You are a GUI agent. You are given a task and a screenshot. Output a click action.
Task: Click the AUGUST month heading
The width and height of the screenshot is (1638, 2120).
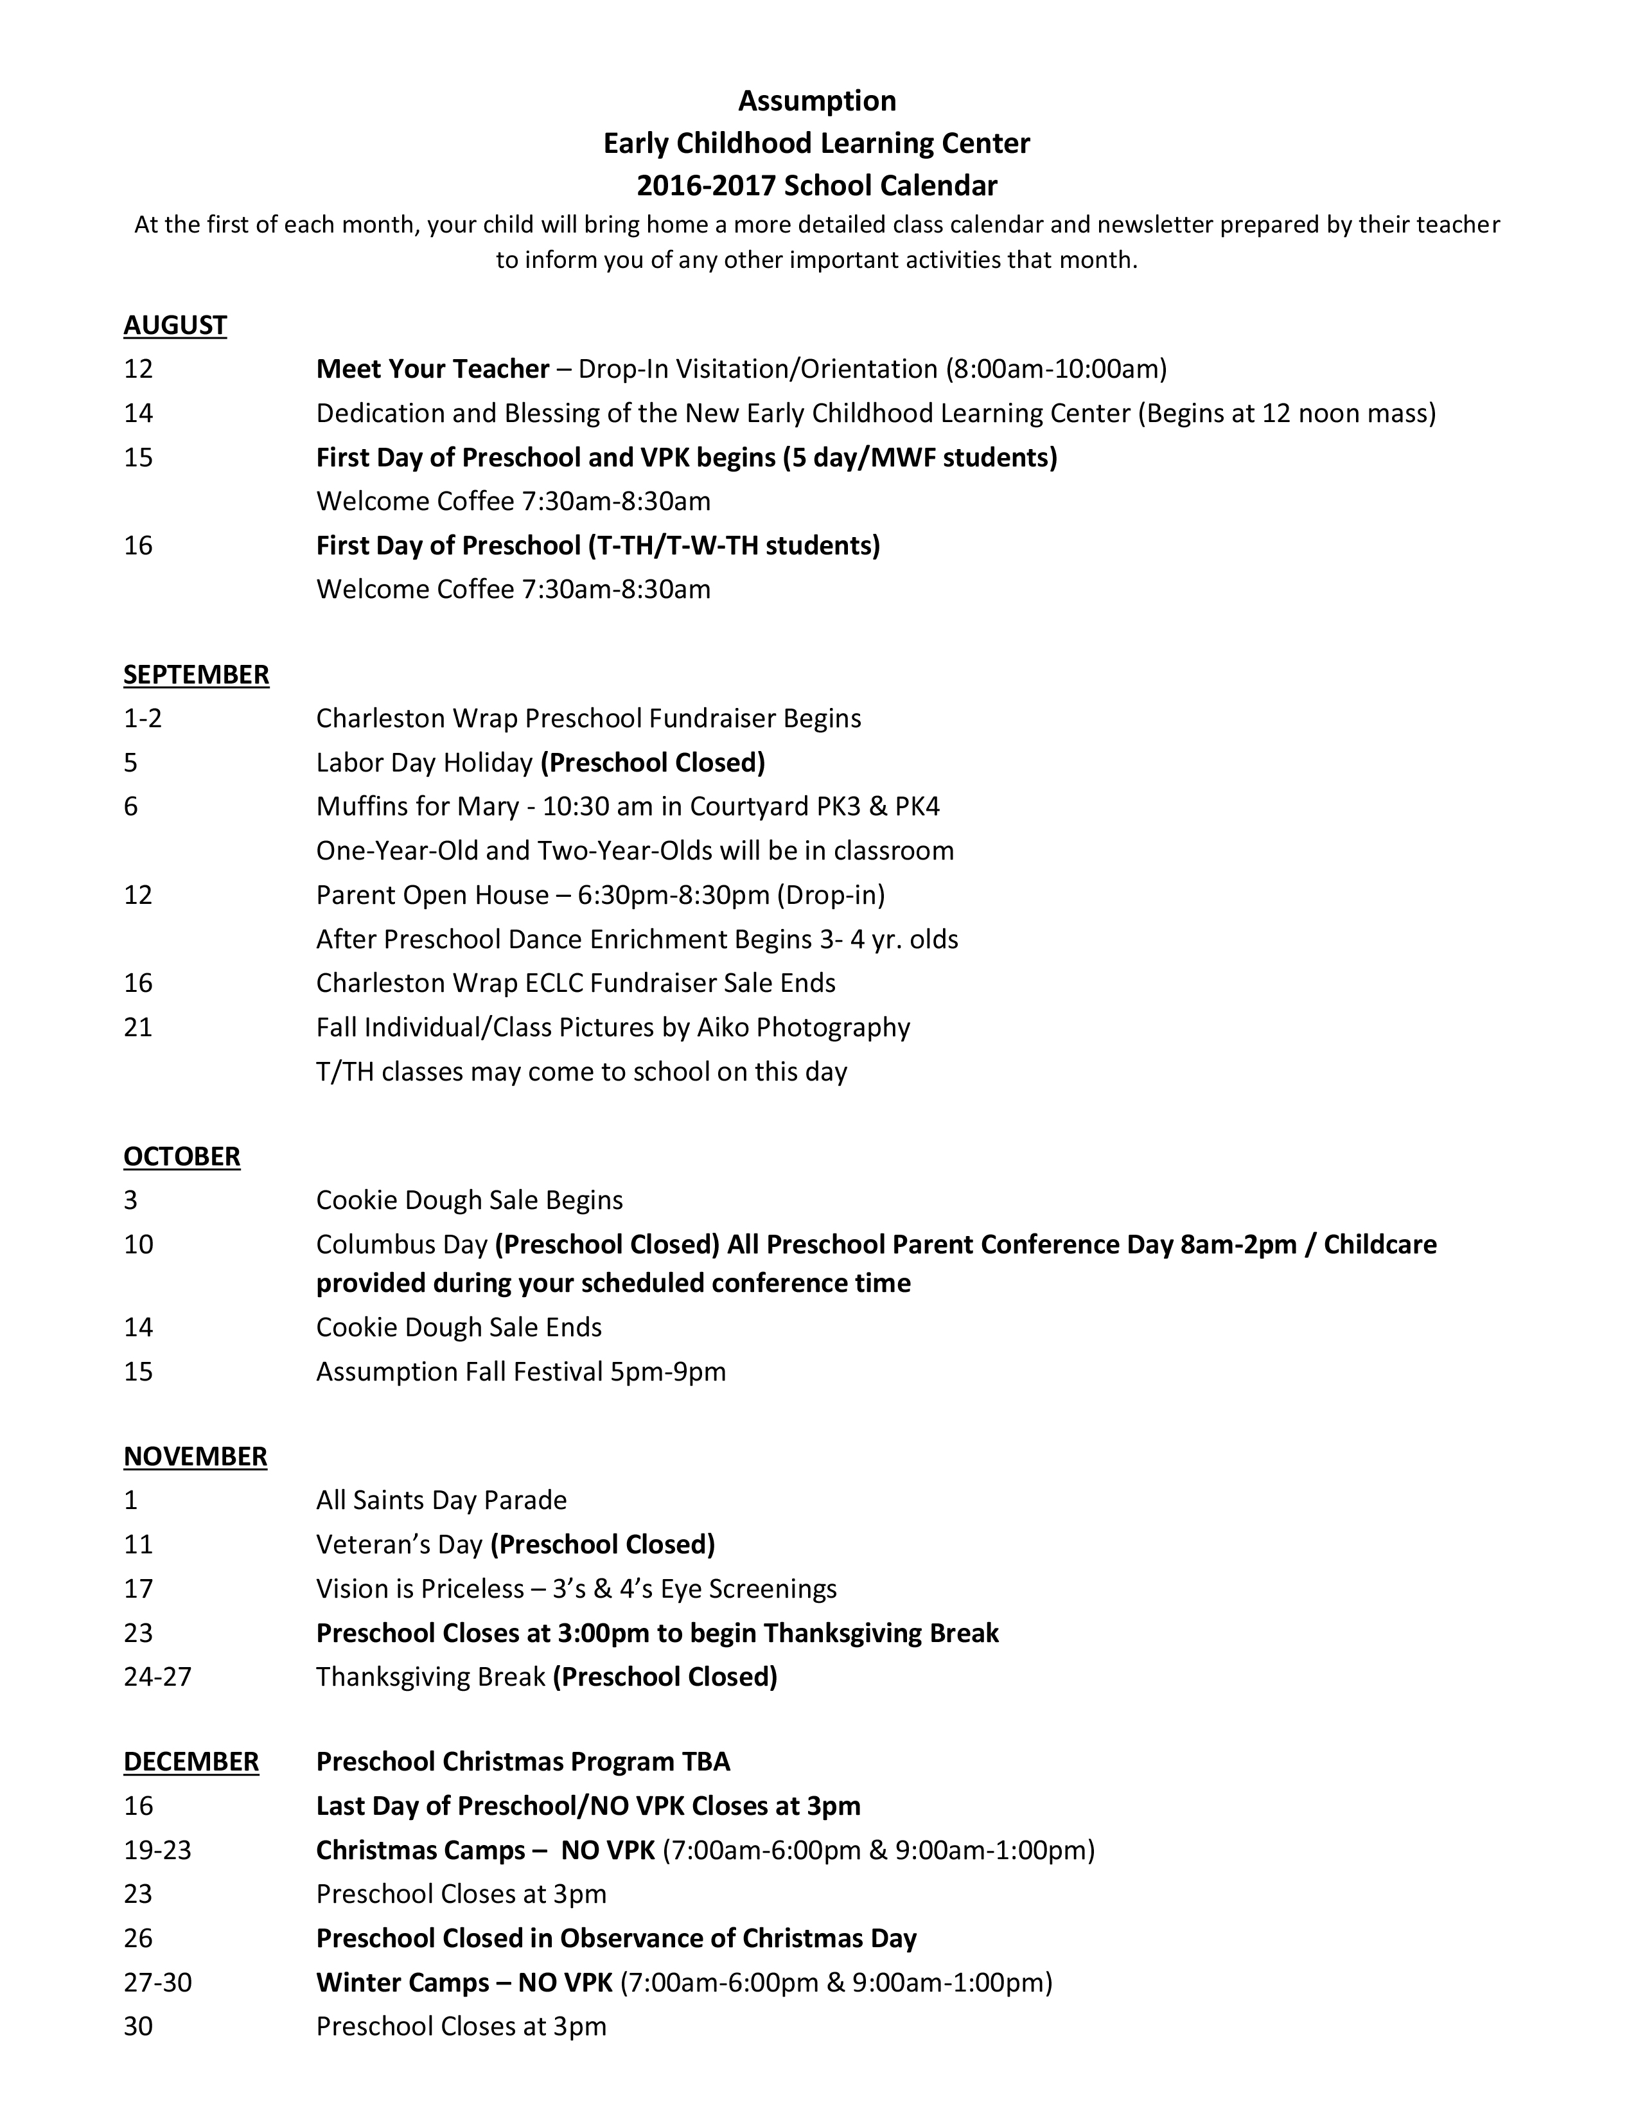(175, 325)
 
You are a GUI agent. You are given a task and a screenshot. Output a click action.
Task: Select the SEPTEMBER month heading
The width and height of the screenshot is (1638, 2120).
(196, 675)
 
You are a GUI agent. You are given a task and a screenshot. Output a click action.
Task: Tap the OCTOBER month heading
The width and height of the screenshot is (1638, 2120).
(181, 1156)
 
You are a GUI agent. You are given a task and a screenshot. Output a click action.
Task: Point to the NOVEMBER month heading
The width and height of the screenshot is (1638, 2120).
(195, 1456)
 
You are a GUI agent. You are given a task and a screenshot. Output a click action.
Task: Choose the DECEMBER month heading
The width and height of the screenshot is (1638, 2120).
(191, 1762)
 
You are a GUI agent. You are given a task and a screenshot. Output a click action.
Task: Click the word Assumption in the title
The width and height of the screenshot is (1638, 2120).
(817, 101)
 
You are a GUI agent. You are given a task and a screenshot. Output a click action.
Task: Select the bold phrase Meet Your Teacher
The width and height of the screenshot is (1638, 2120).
(433, 369)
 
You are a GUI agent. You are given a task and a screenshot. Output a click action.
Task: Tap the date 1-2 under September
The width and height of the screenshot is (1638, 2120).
(143, 718)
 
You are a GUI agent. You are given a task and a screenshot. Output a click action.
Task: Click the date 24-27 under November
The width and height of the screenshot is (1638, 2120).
(157, 1676)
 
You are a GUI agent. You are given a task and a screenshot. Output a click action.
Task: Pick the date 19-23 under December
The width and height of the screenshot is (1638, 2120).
(157, 1850)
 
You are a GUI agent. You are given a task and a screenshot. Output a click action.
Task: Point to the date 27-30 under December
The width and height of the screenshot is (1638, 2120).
(157, 1982)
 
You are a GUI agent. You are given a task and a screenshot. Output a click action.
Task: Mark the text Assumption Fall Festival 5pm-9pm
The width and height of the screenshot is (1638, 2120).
(521, 1372)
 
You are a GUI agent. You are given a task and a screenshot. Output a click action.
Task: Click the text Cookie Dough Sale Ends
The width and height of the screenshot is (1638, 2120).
(459, 1328)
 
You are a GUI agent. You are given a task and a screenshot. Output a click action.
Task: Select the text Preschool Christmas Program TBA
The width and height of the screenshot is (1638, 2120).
(523, 1762)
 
